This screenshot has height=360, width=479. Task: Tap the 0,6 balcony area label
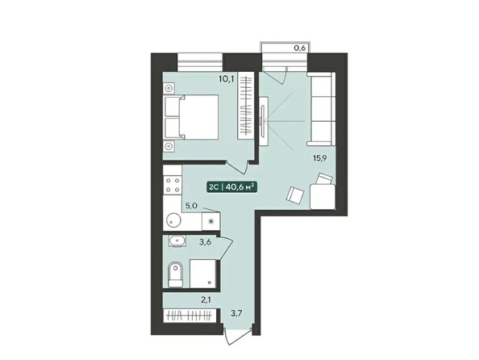[x=299, y=48]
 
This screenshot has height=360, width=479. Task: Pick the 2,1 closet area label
[x=207, y=300]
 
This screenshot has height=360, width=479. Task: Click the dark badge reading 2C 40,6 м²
[x=231, y=187]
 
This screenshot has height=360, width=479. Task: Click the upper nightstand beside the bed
[x=169, y=91]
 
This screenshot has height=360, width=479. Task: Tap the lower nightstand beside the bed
[x=169, y=145]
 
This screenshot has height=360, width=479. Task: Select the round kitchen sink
[x=173, y=220]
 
